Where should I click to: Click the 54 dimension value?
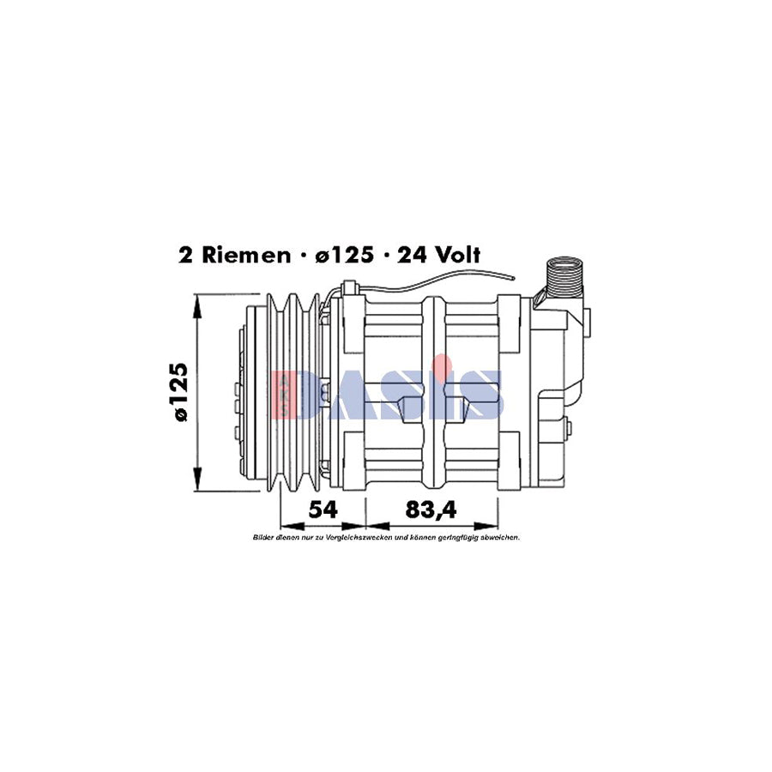pyautogui.click(x=323, y=510)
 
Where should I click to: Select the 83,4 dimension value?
pyautogui.click(x=431, y=510)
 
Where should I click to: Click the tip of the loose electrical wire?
pyautogui.click(x=512, y=276)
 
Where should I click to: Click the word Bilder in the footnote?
pyautogui.click(x=262, y=538)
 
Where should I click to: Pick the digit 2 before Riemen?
pyautogui.click(x=184, y=255)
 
